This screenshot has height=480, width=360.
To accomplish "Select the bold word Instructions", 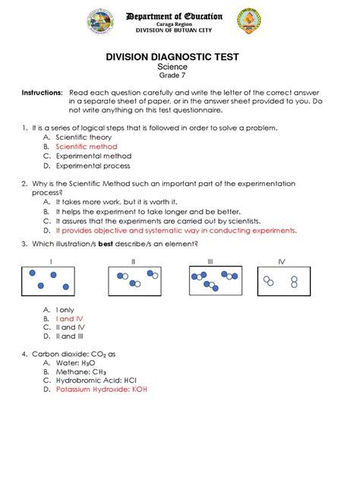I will (x=42, y=92).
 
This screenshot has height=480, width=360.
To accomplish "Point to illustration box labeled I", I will (x=50, y=281).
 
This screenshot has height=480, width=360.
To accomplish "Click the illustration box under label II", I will (x=133, y=281).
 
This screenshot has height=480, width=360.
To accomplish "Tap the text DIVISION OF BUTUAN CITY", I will (x=178, y=30).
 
